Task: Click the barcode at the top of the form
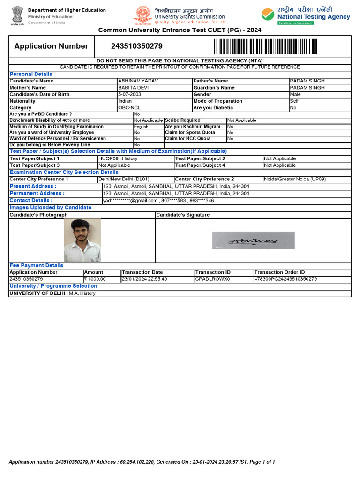click(265, 46)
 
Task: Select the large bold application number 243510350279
click(137, 46)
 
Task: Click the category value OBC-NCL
click(129, 108)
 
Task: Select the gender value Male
click(295, 94)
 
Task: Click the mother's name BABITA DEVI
click(132, 88)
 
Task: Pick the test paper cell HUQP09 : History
click(118, 158)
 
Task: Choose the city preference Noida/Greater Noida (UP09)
click(295, 179)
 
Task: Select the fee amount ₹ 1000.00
click(95, 279)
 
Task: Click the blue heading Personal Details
click(31, 74)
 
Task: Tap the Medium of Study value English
click(141, 127)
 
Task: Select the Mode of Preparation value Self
click(294, 101)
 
